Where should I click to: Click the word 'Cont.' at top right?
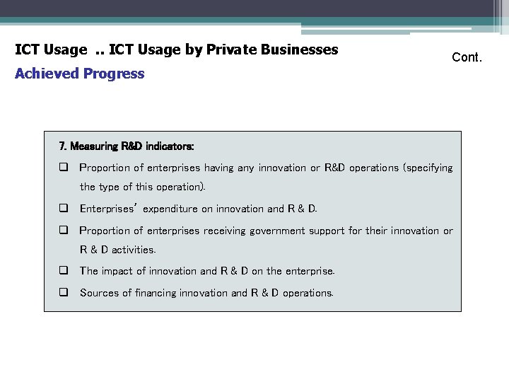tap(467, 57)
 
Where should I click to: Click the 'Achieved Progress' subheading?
tap(79, 74)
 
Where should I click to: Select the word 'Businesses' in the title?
tap(303, 50)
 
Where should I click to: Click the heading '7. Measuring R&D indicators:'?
tap(127, 146)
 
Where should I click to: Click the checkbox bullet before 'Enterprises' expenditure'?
tap(63, 209)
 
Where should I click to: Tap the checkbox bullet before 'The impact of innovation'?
tap(63, 271)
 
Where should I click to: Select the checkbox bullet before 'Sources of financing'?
tap(63, 293)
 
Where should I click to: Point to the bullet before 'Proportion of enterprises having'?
tap(63, 168)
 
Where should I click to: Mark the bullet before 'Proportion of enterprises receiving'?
tap(63, 231)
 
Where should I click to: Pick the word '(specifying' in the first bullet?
tap(428, 168)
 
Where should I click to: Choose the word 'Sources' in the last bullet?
tap(97, 293)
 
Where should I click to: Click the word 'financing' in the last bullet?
tap(158, 293)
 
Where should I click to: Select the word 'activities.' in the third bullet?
tap(134, 250)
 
